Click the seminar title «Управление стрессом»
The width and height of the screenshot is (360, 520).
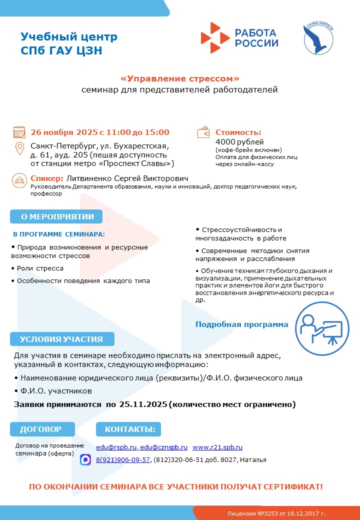coord(180,79)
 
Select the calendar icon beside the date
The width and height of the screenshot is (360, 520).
coord(19,132)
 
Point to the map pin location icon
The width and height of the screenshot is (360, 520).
coord(19,149)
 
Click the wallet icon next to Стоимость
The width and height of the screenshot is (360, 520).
coord(204,132)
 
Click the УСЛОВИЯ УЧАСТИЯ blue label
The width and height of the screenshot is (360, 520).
coord(61,339)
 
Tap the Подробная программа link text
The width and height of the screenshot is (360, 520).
coord(241,324)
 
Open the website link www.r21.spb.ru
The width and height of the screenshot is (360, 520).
coord(217,447)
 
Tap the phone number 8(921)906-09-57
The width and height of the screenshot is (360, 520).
coord(123,460)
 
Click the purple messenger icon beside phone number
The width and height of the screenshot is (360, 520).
coord(85,460)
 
